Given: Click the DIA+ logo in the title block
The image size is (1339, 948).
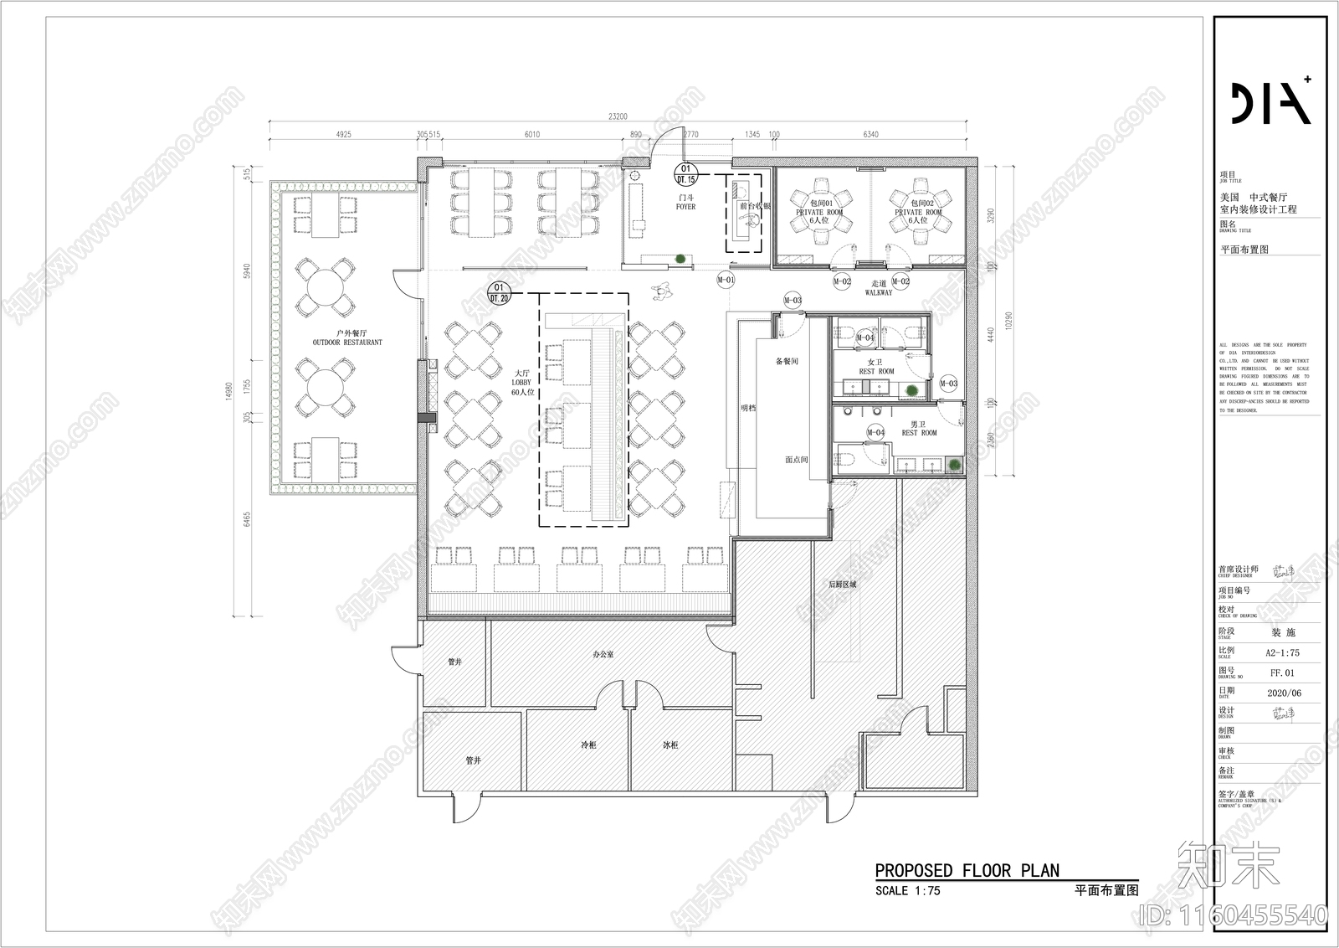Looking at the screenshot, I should pyautogui.click(x=1270, y=103).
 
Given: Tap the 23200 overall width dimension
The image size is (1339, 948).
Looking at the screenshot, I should pyautogui.click(x=618, y=117).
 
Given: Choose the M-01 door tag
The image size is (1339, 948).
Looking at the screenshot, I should pyautogui.click(x=726, y=280).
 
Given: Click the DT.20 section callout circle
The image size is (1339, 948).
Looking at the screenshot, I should pyautogui.click(x=500, y=293).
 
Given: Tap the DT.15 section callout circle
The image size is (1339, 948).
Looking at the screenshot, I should pyautogui.click(x=686, y=174).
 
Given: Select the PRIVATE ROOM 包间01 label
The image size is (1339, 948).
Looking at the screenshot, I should pyautogui.click(x=820, y=208).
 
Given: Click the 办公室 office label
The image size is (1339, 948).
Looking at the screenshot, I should pyautogui.click(x=603, y=654).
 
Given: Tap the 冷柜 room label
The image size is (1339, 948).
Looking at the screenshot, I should pyautogui.click(x=589, y=744).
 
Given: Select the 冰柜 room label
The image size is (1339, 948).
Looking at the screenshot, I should pyautogui.click(x=670, y=744).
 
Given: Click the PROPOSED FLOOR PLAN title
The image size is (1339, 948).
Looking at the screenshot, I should pyautogui.click(x=967, y=871).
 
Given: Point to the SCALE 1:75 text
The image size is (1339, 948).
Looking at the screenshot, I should pyautogui.click(x=907, y=891).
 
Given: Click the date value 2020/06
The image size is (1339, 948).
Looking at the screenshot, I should pyautogui.click(x=1284, y=693).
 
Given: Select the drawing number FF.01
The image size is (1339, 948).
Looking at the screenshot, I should pyautogui.click(x=1282, y=672).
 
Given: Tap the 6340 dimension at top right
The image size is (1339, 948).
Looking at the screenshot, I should pyautogui.click(x=871, y=134).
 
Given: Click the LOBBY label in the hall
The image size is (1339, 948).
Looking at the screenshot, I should pyautogui.click(x=521, y=383).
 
